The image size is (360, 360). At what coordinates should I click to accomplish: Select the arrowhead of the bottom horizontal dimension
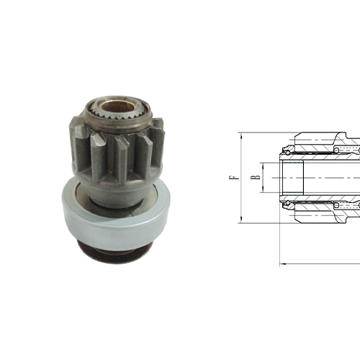(x=282, y=264)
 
